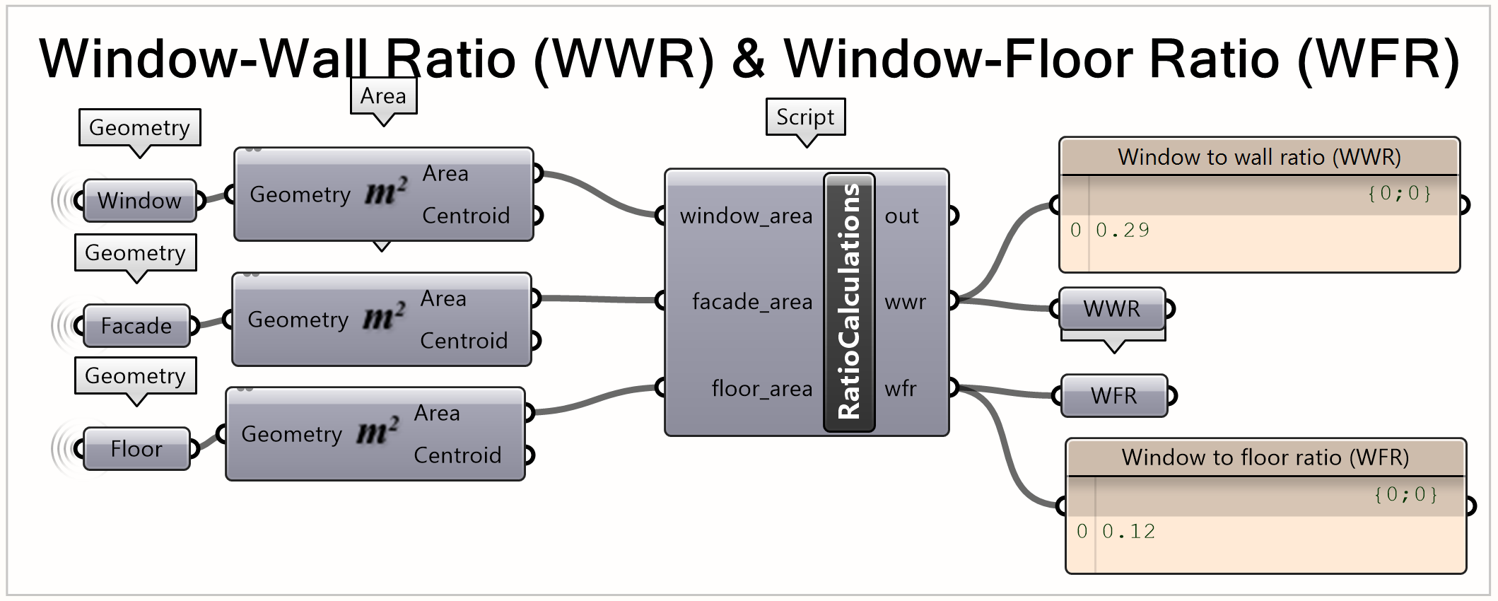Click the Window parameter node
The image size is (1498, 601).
click(x=139, y=201)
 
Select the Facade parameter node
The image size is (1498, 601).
click(x=136, y=326)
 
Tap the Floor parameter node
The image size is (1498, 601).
click(x=136, y=449)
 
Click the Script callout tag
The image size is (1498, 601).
click(x=805, y=117)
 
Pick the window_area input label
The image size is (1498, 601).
click(x=746, y=216)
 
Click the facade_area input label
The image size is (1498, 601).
click(x=751, y=302)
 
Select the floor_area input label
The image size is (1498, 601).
click(x=761, y=388)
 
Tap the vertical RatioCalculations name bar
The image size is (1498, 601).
click(x=849, y=302)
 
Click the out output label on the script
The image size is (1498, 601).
click(x=901, y=216)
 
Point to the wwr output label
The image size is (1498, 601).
click(x=905, y=302)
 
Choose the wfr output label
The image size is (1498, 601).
click(x=901, y=388)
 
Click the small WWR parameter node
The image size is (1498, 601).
click(x=1112, y=309)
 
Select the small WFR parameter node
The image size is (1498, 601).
click(x=1114, y=396)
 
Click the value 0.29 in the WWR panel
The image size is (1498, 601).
click(x=1123, y=231)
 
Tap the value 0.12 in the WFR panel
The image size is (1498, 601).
click(x=1129, y=532)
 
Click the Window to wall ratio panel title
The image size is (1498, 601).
click(x=1259, y=157)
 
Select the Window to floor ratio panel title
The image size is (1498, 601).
click(x=1265, y=457)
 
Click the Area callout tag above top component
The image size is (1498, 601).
click(x=383, y=95)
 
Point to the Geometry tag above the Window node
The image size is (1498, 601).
click(x=139, y=127)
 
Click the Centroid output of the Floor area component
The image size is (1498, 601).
click(x=457, y=455)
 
